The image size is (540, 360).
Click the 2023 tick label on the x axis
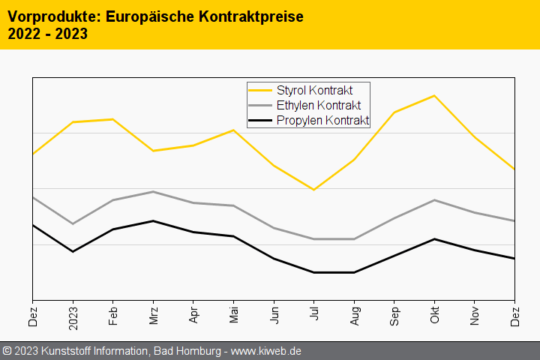point(73,314)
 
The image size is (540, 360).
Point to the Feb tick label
point(112,313)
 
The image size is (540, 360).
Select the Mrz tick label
point(153,313)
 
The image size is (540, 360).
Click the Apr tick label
point(193,313)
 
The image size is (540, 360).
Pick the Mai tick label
point(233,313)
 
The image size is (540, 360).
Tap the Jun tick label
point(274,313)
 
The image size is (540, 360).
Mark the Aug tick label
point(354,313)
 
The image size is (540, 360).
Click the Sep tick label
point(394,313)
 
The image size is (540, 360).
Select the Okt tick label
point(434,313)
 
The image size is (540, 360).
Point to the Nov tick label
point(474,313)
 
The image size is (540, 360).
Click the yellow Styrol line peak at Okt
point(434,96)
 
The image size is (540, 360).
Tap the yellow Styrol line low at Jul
point(313,190)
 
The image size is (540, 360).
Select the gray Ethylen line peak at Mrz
point(153,191)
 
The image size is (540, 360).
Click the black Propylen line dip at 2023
point(73,251)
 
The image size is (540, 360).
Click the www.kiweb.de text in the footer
point(265,351)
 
